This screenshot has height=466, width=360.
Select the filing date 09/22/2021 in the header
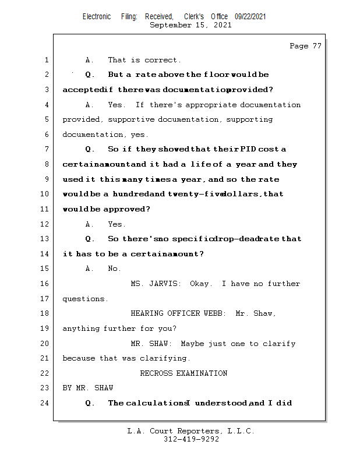tap(250, 17)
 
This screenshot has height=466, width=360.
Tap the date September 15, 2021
tap(190, 26)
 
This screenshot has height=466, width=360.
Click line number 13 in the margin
tap(45, 239)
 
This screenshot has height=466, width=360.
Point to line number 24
tap(45, 403)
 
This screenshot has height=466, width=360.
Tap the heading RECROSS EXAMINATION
tap(183, 373)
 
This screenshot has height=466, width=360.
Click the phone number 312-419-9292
tap(191, 440)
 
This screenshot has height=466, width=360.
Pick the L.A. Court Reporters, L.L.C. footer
tap(190, 431)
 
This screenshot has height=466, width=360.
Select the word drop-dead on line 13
tap(233, 239)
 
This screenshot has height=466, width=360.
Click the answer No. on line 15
tap(115, 269)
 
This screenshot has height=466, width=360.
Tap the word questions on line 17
tap(85, 299)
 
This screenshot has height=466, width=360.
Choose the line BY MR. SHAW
tap(88, 388)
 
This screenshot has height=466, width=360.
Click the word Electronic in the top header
tap(97, 17)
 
